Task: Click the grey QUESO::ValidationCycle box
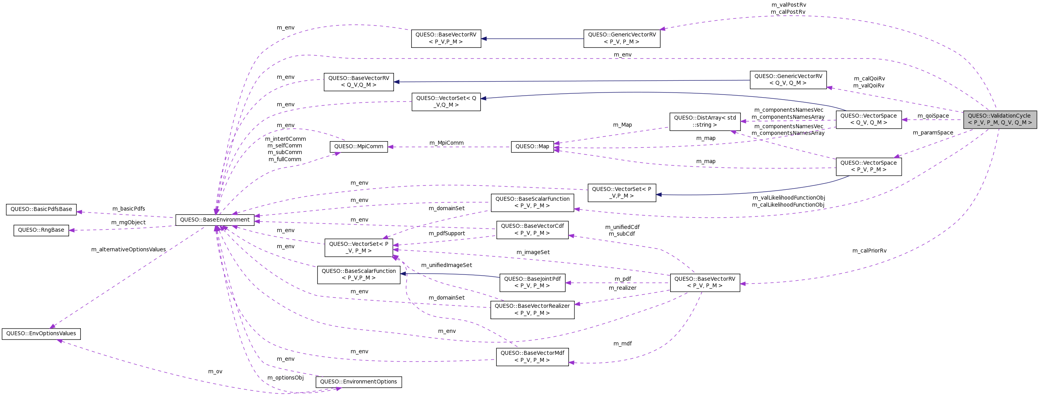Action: tap(999, 119)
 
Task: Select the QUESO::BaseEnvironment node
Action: tap(215, 220)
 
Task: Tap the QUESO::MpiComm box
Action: tap(359, 147)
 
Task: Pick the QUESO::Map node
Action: tap(532, 147)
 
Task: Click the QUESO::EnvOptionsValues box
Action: tap(41, 334)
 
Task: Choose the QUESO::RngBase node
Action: tap(41, 230)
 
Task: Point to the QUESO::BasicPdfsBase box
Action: tap(41, 209)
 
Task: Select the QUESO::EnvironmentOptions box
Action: tap(359, 382)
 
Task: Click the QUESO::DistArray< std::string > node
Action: tap(705, 121)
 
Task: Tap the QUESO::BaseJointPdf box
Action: tap(532, 282)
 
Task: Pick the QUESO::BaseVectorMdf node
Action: tap(532, 356)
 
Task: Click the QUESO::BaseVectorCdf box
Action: tap(532, 230)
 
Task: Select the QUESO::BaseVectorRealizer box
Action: tap(532, 309)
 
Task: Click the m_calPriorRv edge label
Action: tap(869, 251)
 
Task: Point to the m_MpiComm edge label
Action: tap(446, 143)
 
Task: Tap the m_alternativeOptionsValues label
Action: tap(128, 249)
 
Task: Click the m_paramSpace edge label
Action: tap(933, 133)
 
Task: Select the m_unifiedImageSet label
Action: tap(446, 265)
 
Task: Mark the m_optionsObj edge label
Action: tap(285, 378)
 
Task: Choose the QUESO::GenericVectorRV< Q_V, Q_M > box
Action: tap(788, 80)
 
